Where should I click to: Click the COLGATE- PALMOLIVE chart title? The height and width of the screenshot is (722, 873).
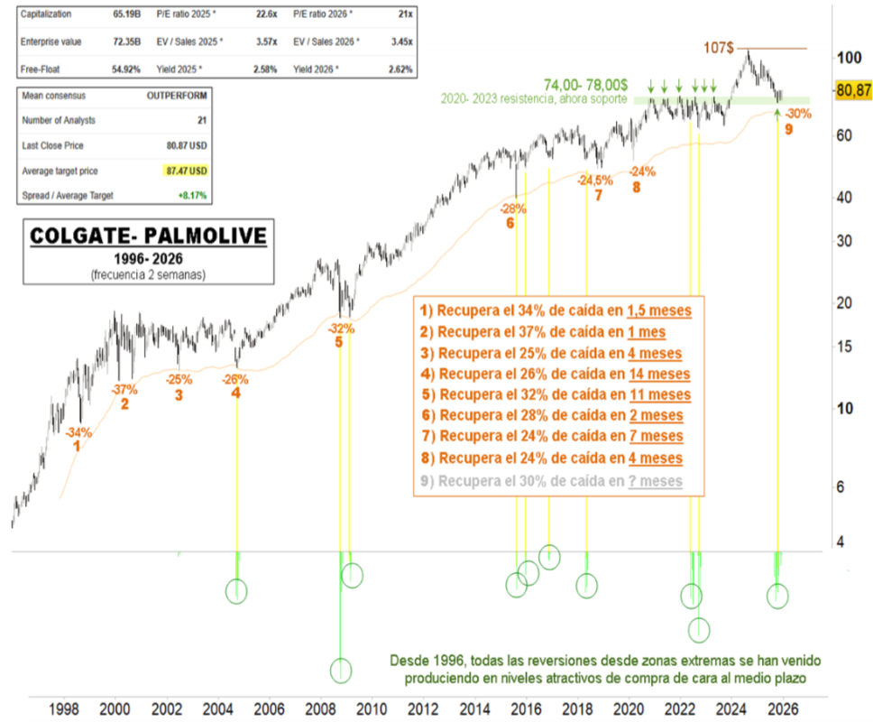[x=148, y=236]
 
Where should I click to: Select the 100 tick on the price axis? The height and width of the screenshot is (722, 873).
[x=849, y=59]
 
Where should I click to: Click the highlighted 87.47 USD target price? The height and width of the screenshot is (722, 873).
[x=187, y=171]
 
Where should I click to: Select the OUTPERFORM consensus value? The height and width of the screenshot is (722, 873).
[x=177, y=94]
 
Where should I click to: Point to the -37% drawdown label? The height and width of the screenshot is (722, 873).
[x=124, y=390]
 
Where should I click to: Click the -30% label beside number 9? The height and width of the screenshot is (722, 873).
[x=797, y=114]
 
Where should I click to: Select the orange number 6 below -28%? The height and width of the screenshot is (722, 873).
[x=510, y=223]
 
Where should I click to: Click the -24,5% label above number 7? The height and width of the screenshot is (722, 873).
[x=595, y=180]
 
